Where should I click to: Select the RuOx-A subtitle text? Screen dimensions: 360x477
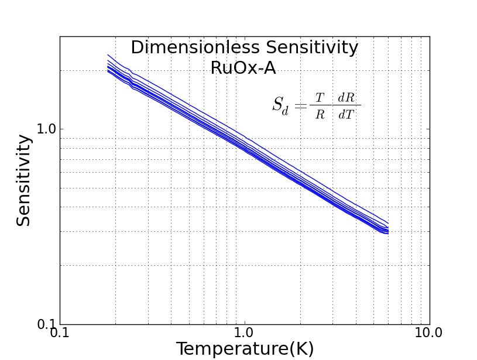point(243,68)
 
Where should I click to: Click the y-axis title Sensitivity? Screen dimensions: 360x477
point(23,180)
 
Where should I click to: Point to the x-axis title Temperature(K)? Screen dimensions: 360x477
point(245,349)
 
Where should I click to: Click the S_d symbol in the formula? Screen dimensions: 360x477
point(280,105)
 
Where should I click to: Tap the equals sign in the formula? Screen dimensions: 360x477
point(300,105)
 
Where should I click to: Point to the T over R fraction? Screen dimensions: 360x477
point(320,106)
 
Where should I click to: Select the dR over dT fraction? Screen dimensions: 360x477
point(346,106)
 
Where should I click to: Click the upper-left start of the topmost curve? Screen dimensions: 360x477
point(108,54)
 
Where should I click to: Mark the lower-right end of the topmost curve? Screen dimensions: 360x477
point(388,224)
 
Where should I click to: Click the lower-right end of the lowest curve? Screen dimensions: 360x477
point(388,234)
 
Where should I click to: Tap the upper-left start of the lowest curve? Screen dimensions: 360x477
point(108,72)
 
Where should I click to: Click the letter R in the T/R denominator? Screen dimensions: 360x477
point(320,114)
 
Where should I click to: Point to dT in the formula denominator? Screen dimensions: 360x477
point(346,114)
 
